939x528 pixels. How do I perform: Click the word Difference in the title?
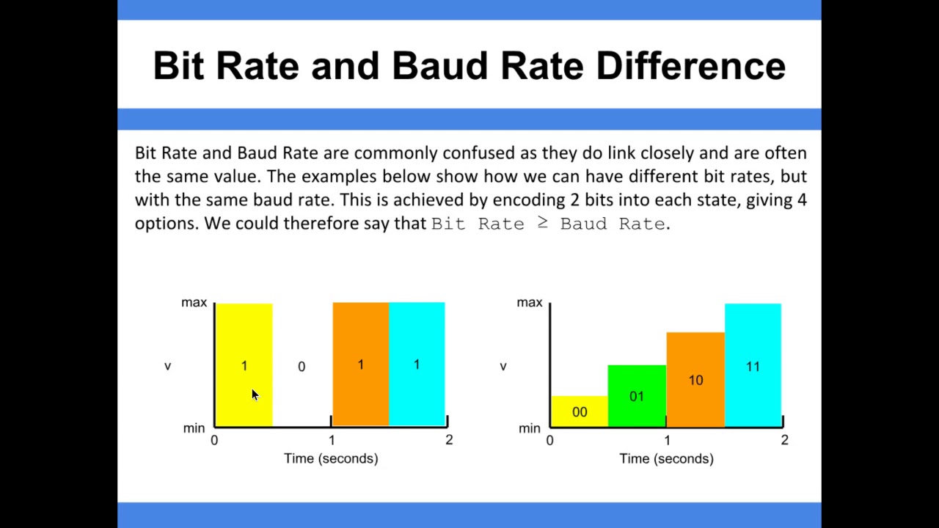[x=690, y=66]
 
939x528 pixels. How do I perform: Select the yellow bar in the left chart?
[x=244, y=337]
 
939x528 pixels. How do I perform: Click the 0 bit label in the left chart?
[x=302, y=367]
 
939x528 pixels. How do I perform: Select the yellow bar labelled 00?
[x=580, y=411]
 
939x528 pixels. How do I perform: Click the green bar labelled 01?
[x=637, y=396]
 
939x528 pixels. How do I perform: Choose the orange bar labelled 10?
[x=695, y=380]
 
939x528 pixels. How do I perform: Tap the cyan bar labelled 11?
[x=753, y=366]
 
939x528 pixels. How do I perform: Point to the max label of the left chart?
[x=194, y=303]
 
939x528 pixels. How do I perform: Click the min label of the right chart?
[x=529, y=428]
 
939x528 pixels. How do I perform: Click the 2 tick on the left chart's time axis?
[x=449, y=440]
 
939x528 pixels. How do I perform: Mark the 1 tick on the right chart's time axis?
[x=667, y=440]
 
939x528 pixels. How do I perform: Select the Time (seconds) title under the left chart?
[x=331, y=458]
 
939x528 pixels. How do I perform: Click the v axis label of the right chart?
[x=503, y=366]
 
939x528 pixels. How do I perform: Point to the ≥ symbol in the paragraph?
[x=542, y=223]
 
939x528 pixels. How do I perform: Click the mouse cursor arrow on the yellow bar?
[x=254, y=395]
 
